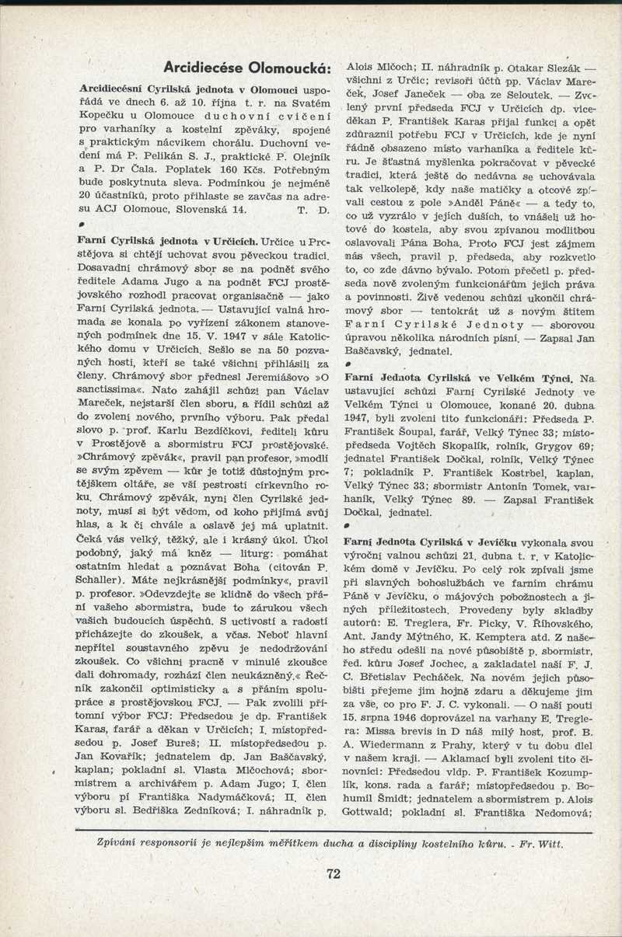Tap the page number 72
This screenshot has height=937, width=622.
[x=333, y=873]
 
